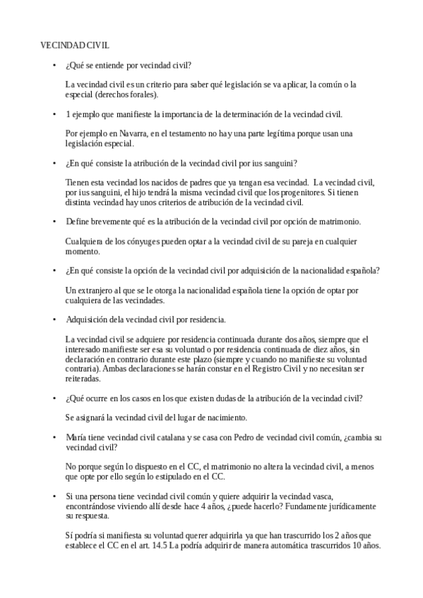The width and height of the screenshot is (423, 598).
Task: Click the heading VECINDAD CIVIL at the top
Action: (x=74, y=44)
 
